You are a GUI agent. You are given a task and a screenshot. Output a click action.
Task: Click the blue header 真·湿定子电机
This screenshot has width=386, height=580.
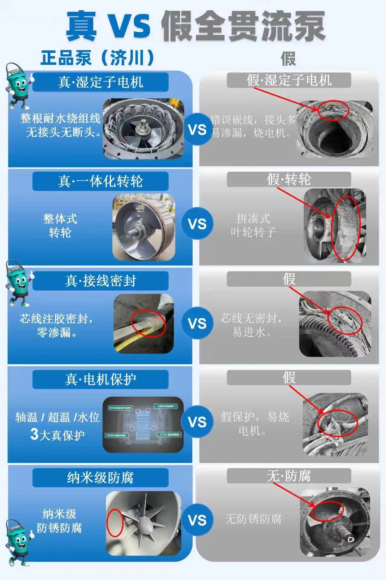click(x=100, y=82)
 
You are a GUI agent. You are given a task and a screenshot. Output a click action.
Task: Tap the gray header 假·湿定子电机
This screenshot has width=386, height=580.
click(x=289, y=80)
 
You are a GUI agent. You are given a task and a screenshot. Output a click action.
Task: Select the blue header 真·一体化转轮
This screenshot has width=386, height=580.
click(x=100, y=181)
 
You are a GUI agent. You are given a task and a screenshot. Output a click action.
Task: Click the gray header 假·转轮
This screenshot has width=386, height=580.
click(x=289, y=179)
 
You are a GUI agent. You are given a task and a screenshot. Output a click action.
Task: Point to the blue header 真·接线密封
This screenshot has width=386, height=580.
click(x=100, y=281)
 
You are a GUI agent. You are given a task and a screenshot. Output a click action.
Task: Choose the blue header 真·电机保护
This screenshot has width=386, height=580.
click(x=100, y=379)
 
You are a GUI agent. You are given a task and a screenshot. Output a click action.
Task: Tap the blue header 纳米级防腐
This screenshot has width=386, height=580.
click(x=100, y=478)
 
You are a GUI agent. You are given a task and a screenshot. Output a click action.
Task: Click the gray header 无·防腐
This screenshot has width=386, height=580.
click(x=289, y=476)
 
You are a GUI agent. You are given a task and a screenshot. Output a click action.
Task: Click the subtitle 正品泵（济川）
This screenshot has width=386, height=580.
click(x=97, y=57)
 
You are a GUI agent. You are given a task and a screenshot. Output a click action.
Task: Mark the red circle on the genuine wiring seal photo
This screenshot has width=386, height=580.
click(x=149, y=323)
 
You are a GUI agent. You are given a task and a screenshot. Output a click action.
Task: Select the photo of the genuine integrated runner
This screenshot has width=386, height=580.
click(x=144, y=227)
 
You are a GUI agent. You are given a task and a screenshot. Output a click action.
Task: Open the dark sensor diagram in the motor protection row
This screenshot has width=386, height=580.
click(x=143, y=424)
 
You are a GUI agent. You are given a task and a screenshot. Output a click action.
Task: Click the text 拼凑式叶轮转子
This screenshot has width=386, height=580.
click(x=253, y=225)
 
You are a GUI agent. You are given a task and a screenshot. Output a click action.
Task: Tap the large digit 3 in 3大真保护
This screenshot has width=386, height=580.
click(x=34, y=434)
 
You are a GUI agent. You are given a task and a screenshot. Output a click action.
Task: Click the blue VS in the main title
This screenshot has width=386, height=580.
click(x=129, y=25)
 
